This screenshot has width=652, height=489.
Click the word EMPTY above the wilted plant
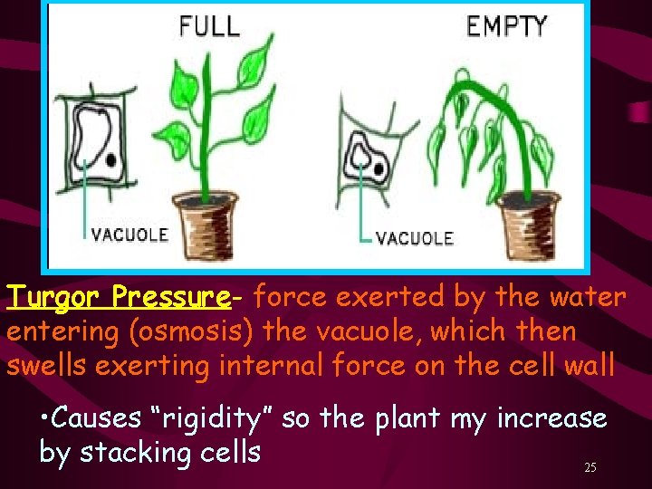(506, 25)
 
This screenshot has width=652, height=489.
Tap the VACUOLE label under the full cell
(129, 235)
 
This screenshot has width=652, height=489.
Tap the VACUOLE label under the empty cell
(414, 238)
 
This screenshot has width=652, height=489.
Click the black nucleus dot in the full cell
(110, 159)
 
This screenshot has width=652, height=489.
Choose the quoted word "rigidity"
(216, 419)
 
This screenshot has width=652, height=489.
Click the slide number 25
(590, 467)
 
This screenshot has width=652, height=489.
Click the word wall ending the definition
(589, 365)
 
